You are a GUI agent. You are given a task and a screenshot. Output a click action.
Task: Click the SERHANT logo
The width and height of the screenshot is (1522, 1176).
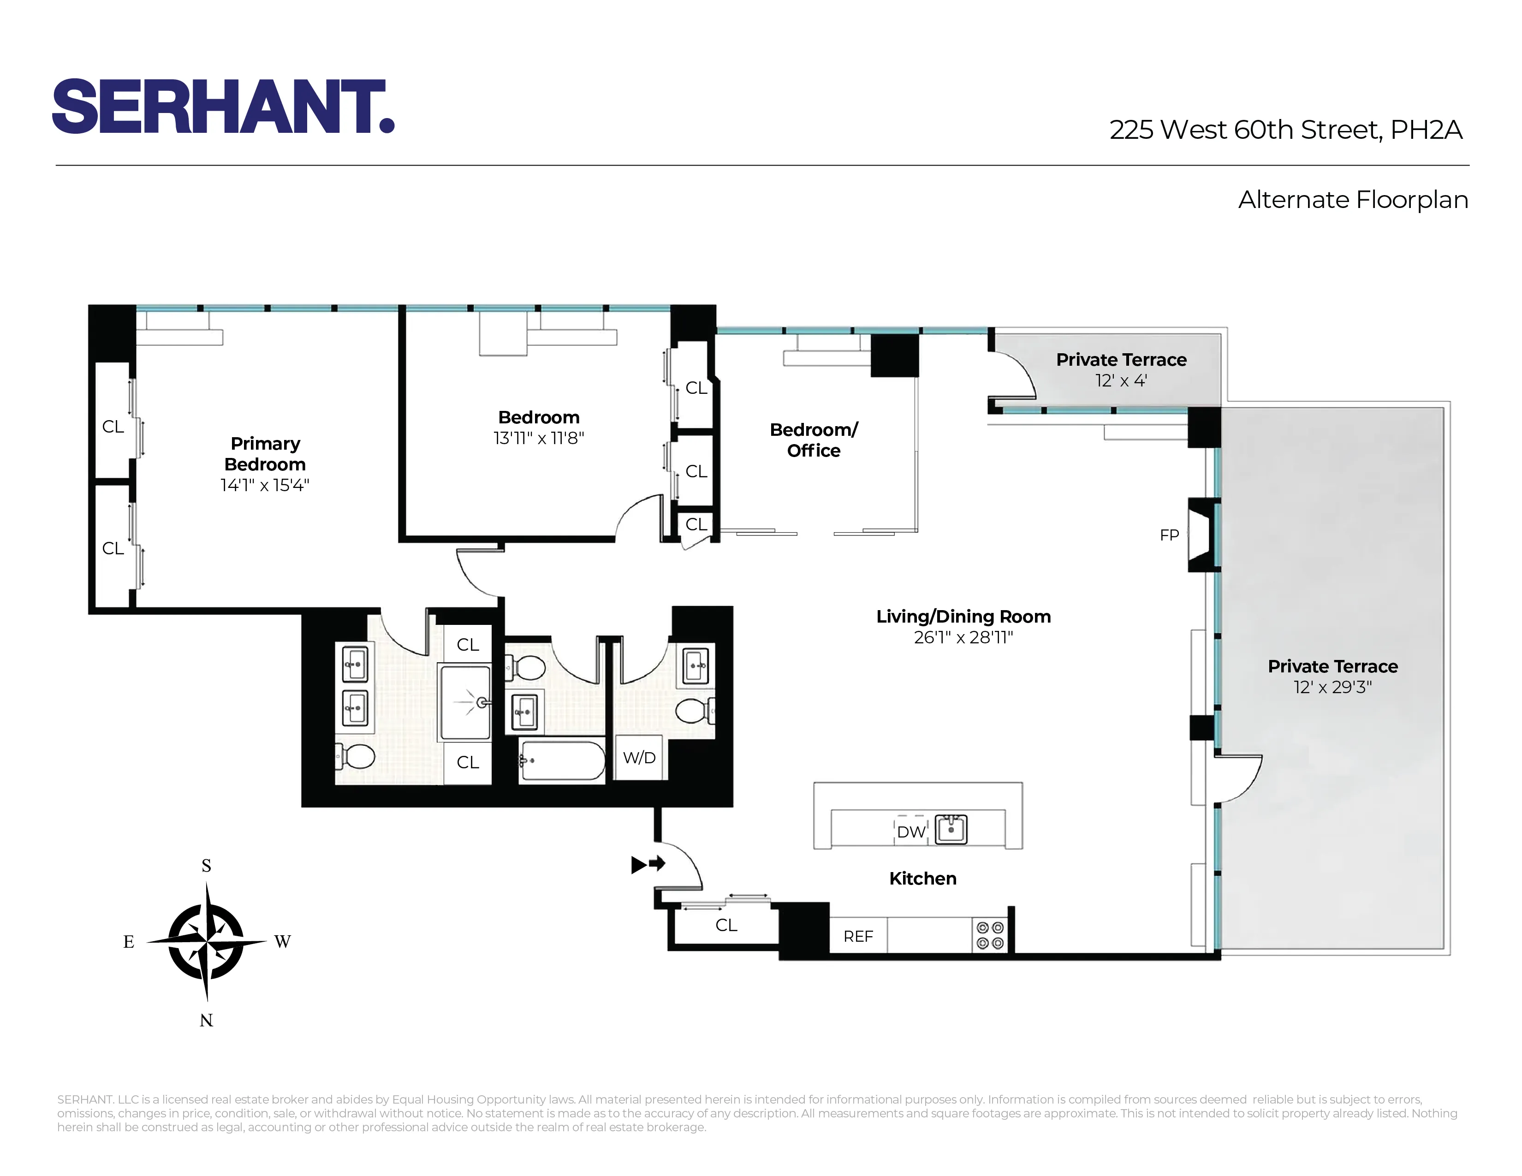[x=223, y=107]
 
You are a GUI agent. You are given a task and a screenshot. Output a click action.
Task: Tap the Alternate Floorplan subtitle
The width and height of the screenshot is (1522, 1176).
[x=1353, y=200]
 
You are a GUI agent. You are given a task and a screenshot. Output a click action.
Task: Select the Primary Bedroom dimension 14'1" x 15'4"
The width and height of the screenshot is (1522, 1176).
[x=265, y=485]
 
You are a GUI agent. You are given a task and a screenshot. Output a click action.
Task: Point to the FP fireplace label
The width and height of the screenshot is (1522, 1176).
[x=1169, y=535]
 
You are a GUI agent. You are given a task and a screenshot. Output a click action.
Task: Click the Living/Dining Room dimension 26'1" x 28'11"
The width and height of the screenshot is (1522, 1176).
[x=963, y=637]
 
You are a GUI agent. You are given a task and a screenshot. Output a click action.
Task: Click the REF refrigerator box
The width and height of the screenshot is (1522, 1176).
[x=858, y=936]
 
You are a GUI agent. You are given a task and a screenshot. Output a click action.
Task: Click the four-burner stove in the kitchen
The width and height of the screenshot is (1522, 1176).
[x=990, y=936]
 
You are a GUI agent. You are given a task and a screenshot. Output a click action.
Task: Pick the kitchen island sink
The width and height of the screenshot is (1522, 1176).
[x=951, y=830]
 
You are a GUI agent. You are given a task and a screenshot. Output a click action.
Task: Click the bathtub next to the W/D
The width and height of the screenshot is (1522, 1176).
[x=562, y=761]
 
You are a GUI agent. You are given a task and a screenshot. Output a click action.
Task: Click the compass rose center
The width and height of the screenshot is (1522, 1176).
[x=206, y=942]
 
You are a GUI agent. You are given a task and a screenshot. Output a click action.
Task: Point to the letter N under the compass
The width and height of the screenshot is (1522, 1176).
[x=206, y=1020]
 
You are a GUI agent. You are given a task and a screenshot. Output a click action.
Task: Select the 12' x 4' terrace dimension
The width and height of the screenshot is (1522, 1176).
[x=1121, y=380]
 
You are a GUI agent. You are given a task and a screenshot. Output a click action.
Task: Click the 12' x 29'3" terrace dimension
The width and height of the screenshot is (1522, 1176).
[x=1332, y=687]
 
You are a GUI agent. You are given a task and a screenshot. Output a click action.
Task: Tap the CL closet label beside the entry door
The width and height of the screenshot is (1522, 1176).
[x=726, y=925]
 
